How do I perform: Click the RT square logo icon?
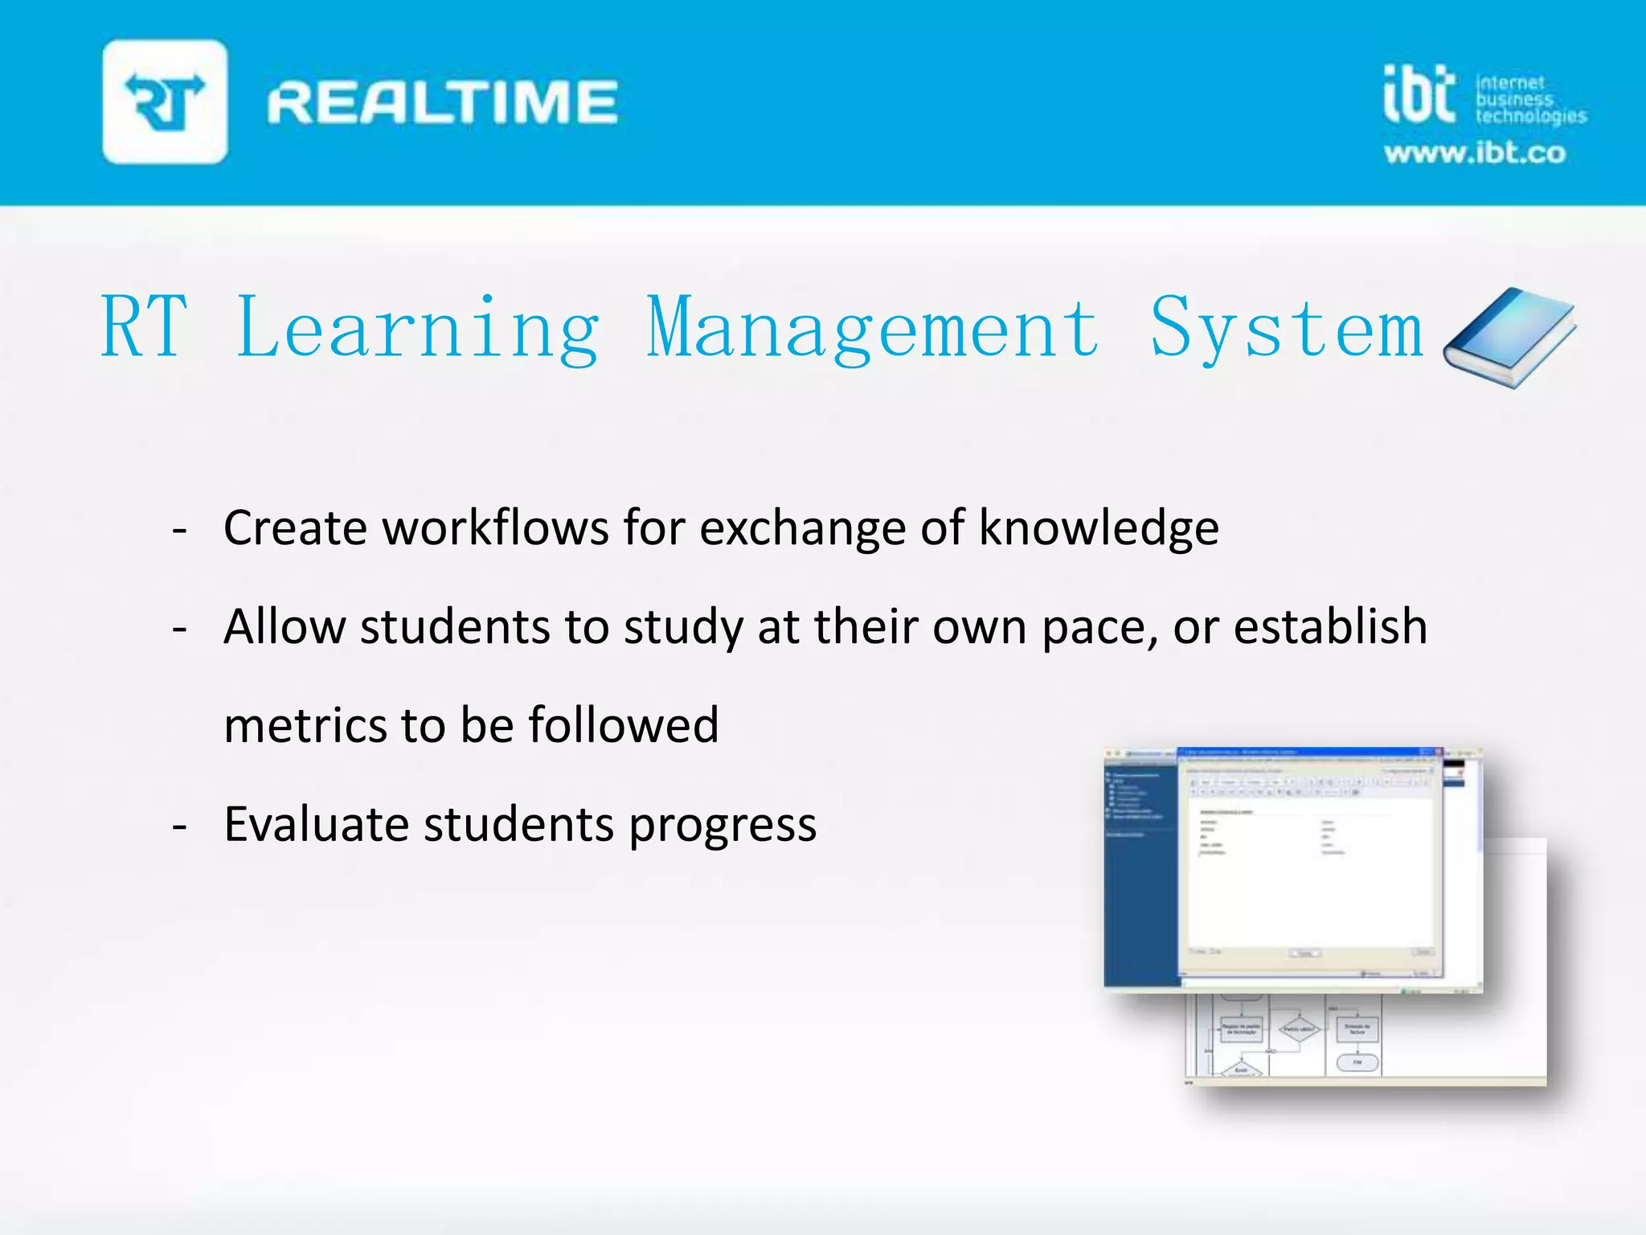coord(165,102)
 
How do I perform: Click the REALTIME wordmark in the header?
coord(442,102)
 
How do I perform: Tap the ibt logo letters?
coord(1419,95)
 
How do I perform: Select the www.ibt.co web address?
coord(1475,153)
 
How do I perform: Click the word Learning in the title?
coord(418,328)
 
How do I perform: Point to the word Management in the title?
coord(873,328)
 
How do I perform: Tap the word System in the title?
coord(1286,328)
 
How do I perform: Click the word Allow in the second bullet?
coord(285,626)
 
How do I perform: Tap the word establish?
coord(1330,626)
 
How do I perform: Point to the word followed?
coord(623,725)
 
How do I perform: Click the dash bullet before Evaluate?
coord(180,826)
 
